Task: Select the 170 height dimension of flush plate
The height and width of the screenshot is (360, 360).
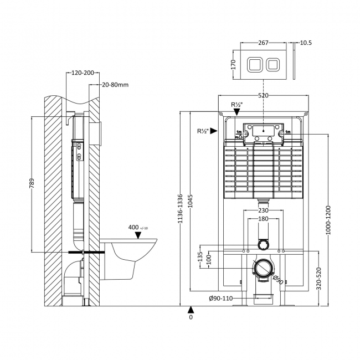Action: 234,64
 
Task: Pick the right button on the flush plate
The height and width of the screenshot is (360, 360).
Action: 273,64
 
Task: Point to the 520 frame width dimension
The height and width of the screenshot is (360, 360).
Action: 263,96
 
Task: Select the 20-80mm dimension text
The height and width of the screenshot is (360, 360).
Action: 116,85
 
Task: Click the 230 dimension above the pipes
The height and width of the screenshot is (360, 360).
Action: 263,210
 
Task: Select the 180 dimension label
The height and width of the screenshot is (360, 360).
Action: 263,220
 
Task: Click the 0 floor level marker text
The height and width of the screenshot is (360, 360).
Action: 191,318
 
